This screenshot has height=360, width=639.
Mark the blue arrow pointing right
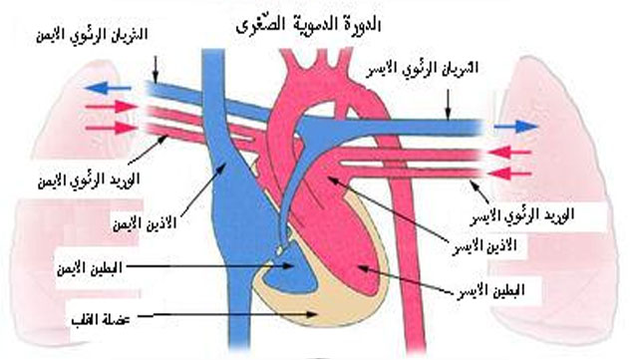516,127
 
